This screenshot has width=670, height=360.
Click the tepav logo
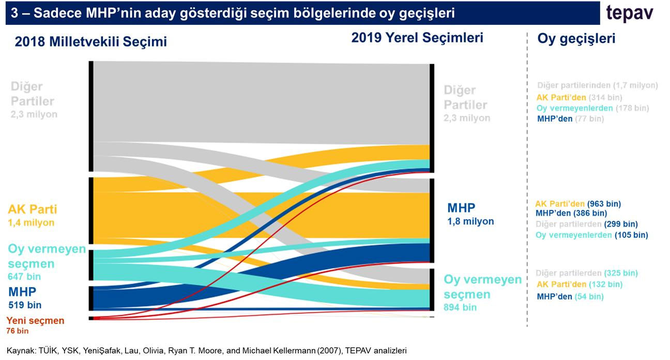629,13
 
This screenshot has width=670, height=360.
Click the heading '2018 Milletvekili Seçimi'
91,42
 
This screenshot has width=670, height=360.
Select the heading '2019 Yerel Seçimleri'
417,38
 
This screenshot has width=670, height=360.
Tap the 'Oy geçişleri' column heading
576,39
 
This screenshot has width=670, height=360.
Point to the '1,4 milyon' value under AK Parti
31,223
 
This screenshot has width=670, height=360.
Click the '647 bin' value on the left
24,276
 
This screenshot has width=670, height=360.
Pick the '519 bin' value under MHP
25,305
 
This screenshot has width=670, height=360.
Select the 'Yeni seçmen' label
36,321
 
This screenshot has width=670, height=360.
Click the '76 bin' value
18,331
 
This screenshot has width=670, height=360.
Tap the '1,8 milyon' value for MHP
470,221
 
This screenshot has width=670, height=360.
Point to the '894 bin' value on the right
460,307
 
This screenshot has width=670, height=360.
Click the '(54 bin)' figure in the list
589,297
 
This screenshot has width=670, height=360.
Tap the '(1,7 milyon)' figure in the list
635,85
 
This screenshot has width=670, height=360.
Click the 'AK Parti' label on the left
32,209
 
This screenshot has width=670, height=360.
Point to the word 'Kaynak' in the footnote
18,350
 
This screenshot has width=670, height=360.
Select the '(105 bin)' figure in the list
631,235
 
